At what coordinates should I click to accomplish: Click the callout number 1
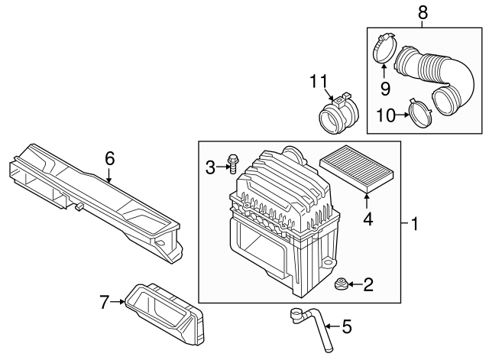(415, 225)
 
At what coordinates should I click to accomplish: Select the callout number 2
(368, 285)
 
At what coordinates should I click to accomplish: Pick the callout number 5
(346, 328)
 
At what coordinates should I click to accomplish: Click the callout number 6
(109, 158)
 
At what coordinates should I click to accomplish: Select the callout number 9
(385, 89)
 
